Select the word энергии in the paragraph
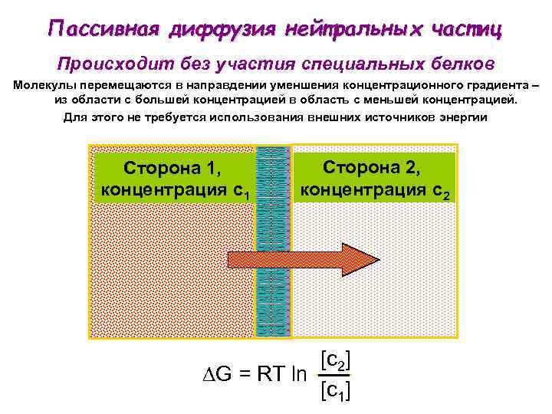pos(457,117)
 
